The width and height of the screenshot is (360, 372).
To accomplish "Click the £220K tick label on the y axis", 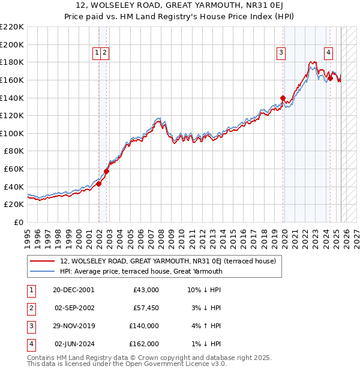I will point(12,27).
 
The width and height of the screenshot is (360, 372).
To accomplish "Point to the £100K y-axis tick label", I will point(12,133).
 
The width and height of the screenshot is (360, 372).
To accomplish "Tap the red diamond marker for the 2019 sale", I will point(283,98).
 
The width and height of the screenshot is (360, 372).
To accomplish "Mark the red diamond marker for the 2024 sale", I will point(330,79).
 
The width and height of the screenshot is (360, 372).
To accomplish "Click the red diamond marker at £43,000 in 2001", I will point(99,184).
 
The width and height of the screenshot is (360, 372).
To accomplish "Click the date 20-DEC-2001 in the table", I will point(73,290).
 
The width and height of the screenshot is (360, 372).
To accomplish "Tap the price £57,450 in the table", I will point(143,308).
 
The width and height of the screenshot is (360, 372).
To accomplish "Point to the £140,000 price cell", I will point(143,326).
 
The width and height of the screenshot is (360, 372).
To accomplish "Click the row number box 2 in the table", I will point(31,308).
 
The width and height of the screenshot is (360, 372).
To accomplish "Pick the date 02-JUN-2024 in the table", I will point(73,344).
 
